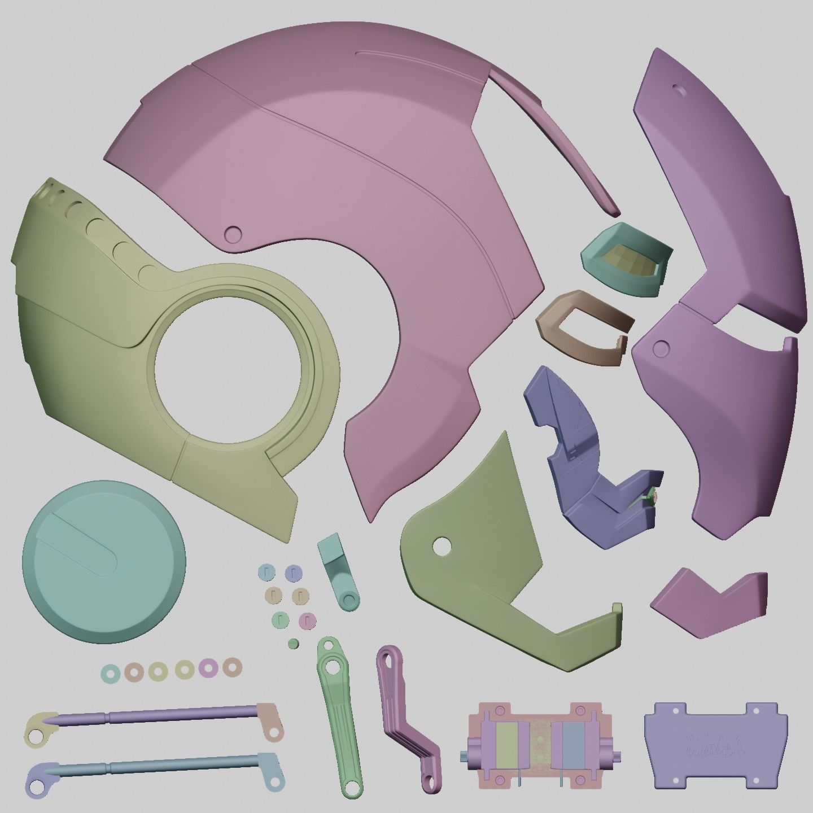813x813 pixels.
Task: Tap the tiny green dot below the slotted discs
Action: coord(293,644)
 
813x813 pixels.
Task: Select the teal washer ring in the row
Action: coord(110,672)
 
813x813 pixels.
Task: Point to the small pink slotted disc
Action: coord(307,620)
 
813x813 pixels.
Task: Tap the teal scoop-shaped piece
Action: coord(627,260)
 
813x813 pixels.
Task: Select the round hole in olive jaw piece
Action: coord(442,545)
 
